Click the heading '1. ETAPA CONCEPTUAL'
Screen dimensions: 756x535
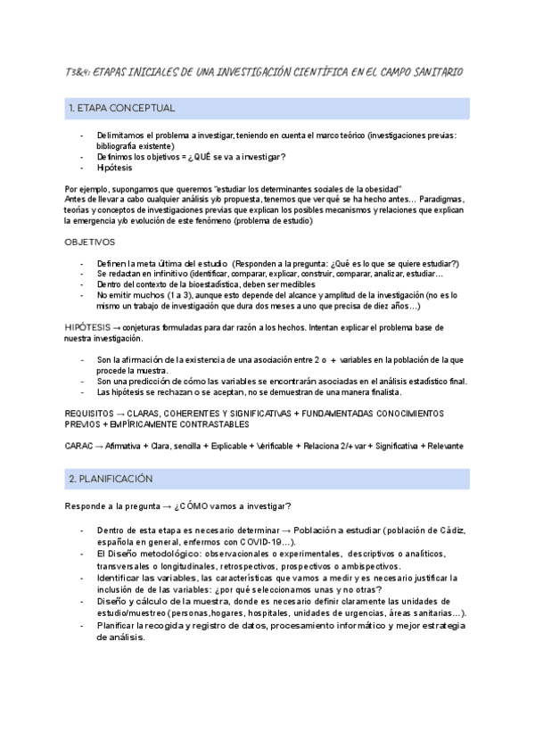pos(121,109)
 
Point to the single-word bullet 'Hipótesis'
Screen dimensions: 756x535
pos(115,168)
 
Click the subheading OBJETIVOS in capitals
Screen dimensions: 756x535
pos(90,242)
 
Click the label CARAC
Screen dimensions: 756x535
pos(80,446)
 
